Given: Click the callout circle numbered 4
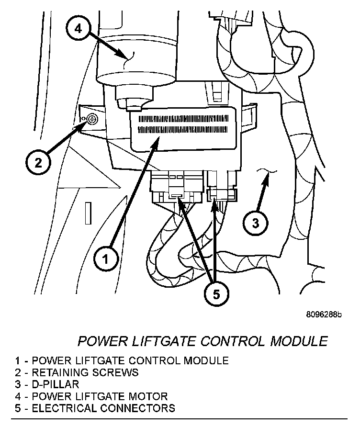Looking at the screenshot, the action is tap(79, 29).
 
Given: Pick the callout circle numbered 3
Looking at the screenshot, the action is tap(255, 223).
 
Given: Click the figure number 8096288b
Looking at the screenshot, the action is tap(324, 315).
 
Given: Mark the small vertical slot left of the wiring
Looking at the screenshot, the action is tap(88, 213).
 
